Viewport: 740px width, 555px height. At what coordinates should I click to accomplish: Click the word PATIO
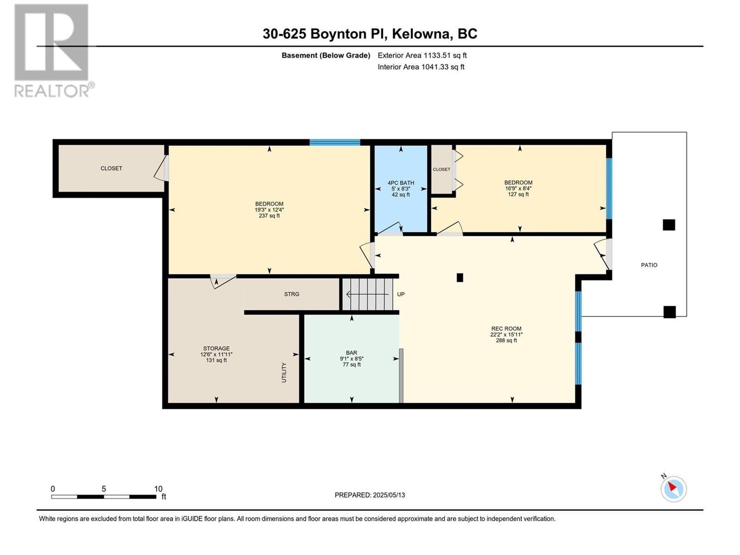(649, 265)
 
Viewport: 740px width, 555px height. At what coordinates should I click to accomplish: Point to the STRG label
(291, 294)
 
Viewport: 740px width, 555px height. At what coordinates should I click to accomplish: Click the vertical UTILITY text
(284, 372)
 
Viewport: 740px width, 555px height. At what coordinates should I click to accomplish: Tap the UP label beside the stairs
(401, 294)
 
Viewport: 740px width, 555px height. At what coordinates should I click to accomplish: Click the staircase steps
(368, 294)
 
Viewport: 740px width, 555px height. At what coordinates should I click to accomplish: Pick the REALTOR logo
(53, 50)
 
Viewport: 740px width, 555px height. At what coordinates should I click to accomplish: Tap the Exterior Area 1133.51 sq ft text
(422, 55)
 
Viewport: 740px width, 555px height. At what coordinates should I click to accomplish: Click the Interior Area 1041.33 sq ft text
(421, 67)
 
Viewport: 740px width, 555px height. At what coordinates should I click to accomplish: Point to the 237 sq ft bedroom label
(269, 210)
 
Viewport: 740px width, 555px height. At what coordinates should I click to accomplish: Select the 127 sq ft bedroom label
(518, 188)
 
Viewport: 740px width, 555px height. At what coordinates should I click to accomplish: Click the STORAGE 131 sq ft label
(216, 354)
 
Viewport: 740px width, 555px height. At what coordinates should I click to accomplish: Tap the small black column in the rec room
(460, 277)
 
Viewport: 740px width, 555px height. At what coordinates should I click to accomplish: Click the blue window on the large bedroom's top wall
(335, 142)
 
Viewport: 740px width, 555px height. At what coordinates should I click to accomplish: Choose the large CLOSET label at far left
(111, 168)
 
